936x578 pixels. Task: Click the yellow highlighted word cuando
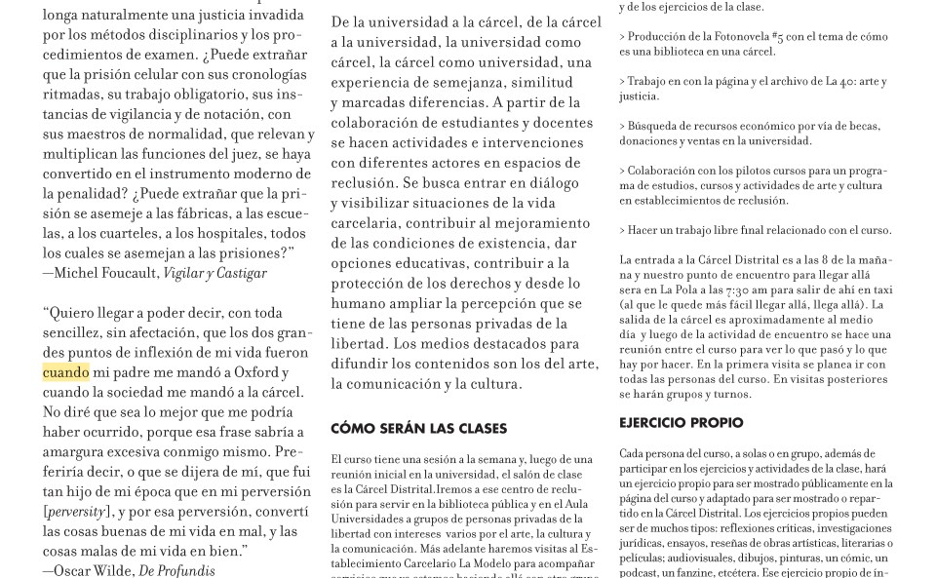click(65, 372)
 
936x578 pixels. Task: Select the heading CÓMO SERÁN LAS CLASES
click(418, 429)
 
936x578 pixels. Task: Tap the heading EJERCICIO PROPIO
click(681, 423)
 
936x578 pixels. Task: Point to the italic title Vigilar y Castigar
click(214, 273)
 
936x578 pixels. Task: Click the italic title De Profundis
click(176, 570)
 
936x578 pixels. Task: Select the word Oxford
click(253, 372)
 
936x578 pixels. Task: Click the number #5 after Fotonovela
click(778, 37)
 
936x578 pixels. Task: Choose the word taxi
click(882, 289)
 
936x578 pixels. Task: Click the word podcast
click(642, 572)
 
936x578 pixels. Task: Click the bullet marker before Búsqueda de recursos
click(623, 126)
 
